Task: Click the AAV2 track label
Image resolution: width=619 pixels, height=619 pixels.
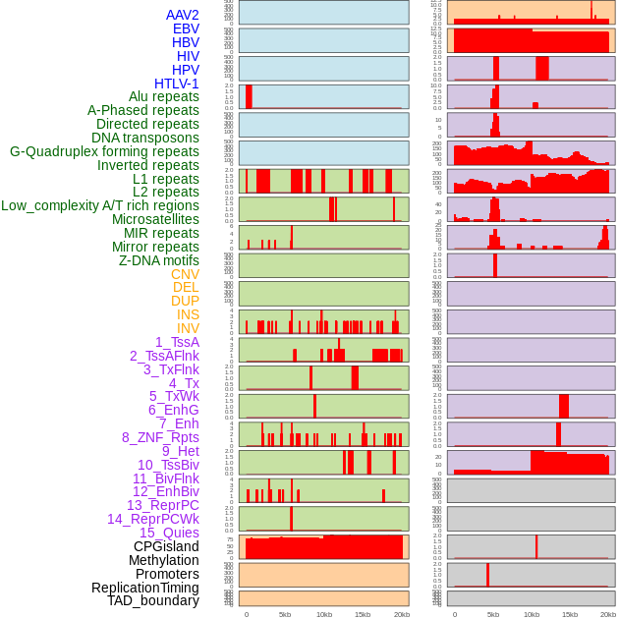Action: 182,15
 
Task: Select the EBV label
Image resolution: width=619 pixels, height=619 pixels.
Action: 186,28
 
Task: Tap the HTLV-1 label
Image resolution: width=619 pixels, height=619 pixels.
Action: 176,84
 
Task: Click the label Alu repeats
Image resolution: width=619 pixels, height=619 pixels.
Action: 164,96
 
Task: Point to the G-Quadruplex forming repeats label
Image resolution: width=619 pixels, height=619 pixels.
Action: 104,151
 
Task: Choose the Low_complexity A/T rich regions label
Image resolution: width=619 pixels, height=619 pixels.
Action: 100,205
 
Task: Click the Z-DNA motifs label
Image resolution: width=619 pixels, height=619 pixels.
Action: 159,260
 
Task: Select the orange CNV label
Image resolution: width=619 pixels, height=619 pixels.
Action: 185,274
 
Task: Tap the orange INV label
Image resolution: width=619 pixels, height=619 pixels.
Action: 188,328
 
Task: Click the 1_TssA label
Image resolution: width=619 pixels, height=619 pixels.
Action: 177,342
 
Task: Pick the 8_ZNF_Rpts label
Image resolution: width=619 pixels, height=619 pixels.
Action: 160,437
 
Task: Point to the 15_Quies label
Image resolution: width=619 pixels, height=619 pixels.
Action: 169,533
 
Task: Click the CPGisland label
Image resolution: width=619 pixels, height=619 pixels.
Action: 166,546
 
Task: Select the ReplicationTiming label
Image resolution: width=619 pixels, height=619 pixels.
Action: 144,588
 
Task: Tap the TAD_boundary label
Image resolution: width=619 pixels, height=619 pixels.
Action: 152,600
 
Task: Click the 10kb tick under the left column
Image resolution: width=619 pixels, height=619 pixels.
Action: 323,614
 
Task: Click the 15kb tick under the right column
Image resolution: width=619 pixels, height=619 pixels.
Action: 570,614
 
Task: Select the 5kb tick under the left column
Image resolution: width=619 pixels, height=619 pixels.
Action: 285,614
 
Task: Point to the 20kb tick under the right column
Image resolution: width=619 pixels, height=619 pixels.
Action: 608,614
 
